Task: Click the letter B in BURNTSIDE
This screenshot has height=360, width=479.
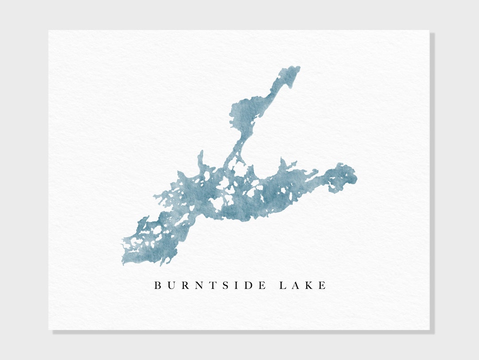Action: click(x=157, y=285)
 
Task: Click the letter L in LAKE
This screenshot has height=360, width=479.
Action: click(x=282, y=285)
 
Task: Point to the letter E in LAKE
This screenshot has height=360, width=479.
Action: click(x=322, y=285)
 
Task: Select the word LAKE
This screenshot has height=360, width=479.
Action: click(x=302, y=285)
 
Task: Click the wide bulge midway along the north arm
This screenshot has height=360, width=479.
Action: click(x=244, y=113)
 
